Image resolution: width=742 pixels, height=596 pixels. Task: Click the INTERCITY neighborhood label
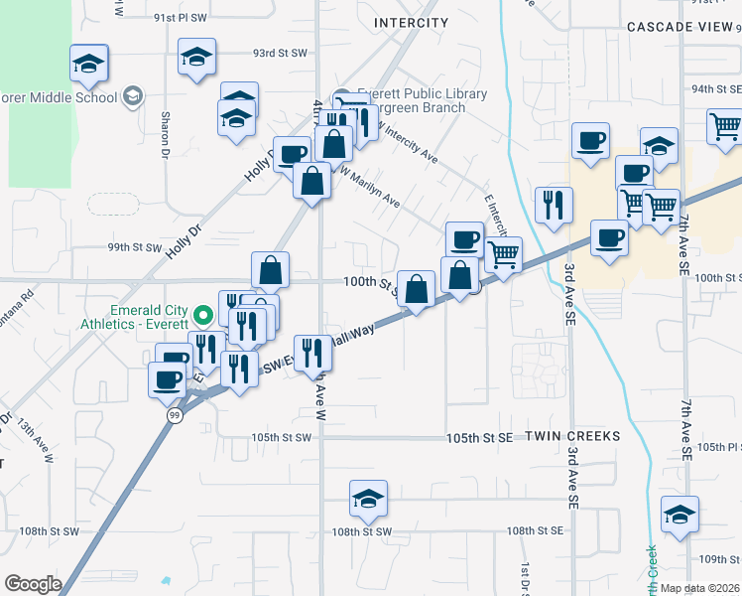point(411,22)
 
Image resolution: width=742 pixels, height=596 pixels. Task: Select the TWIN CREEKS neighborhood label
point(572,436)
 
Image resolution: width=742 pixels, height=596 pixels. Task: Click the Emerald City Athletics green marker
point(204,317)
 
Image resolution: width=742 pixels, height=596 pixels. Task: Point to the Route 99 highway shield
point(174,418)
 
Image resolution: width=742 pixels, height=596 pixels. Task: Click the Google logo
point(33,584)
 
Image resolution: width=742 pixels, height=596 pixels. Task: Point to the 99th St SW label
point(133,247)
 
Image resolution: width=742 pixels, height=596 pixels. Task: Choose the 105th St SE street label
point(479,437)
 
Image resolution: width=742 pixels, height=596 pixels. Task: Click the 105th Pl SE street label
point(718,447)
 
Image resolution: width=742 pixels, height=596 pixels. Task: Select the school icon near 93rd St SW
point(196,58)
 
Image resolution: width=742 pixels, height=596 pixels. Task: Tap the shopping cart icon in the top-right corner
point(725,126)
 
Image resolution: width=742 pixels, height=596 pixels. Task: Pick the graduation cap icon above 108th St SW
point(368,497)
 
